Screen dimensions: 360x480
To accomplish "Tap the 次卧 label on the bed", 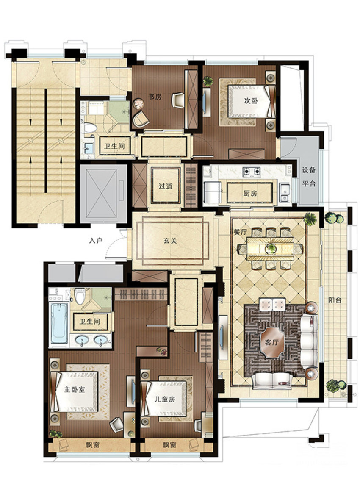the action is coord(251,100).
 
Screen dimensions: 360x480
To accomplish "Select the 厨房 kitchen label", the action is coord(250,194).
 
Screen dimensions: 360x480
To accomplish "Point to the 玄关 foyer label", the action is coord(170,241).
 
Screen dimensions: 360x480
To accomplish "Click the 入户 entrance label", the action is coord(96,241).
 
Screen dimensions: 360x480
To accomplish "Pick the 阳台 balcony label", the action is coord(335,300).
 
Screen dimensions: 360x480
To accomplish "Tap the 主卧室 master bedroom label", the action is coord(75,390).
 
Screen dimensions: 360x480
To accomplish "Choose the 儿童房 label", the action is coord(165,399).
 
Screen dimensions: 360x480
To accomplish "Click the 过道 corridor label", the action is coord(166,186).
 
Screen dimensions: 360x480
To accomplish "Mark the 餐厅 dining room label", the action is coord(240,232).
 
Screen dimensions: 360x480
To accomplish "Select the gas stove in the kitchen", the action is coord(252,172).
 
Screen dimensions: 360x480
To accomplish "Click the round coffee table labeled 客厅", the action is coord(271,342).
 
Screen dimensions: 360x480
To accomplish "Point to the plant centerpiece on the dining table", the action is coord(271,249).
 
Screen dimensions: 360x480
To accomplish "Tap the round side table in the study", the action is coord(138,104).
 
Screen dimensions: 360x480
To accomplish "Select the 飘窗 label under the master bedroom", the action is coord(92,445).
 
